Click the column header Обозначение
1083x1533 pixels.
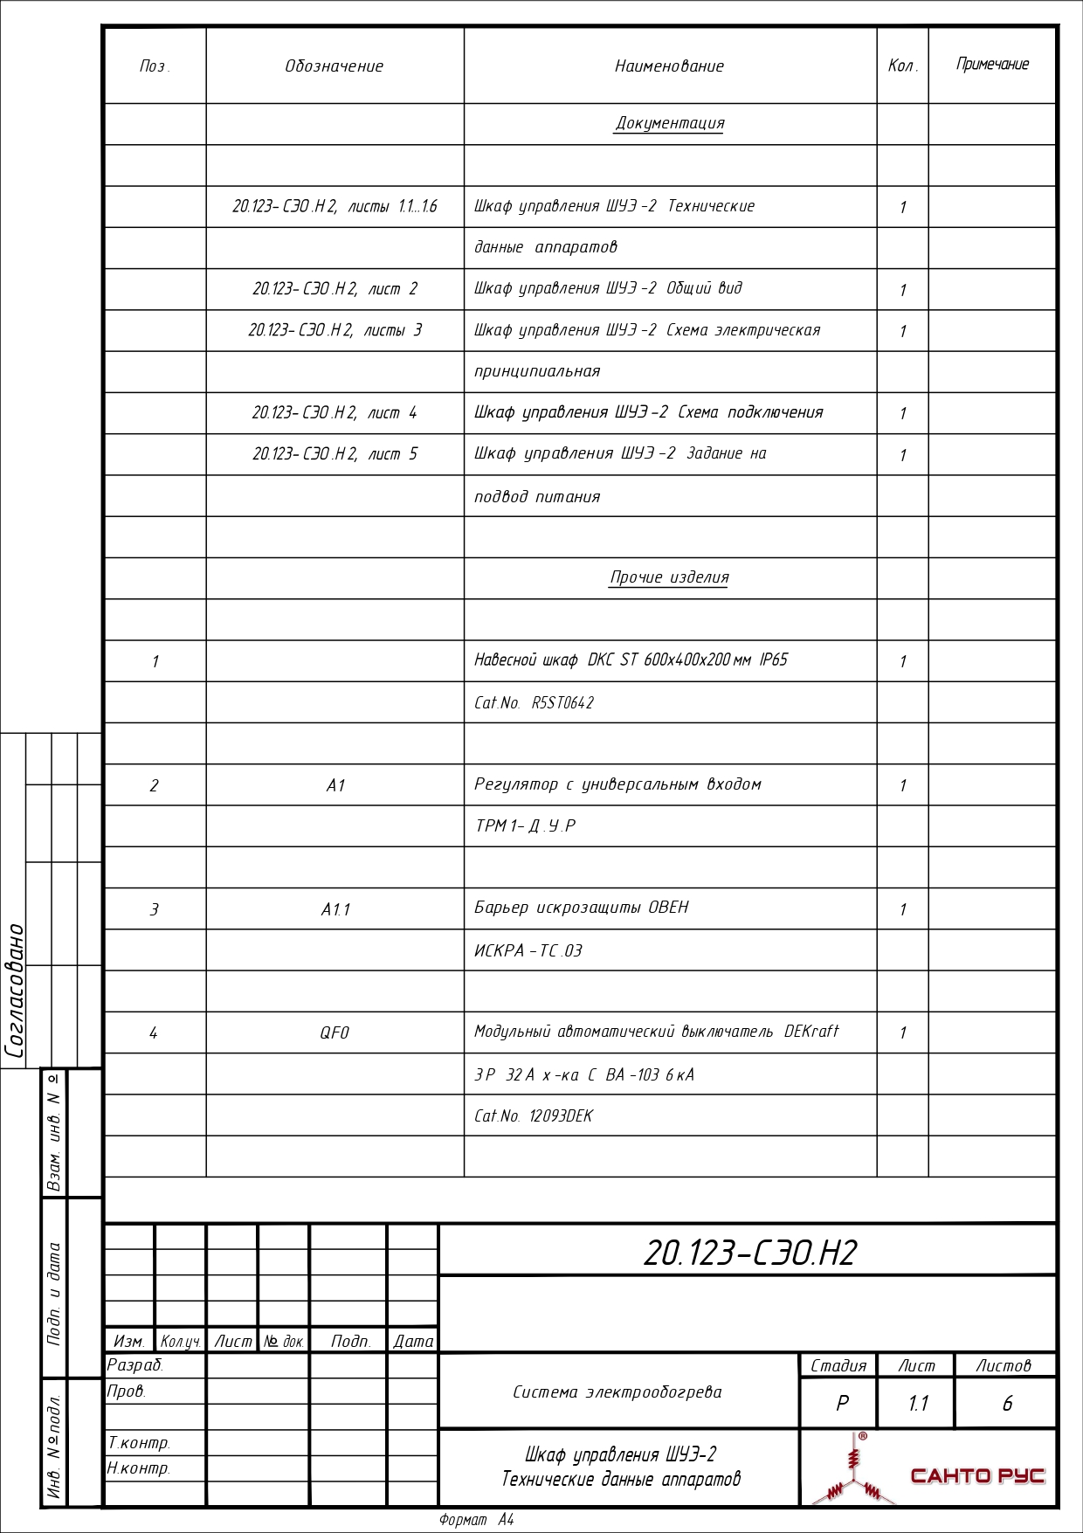(x=335, y=66)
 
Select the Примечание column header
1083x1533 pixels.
(x=992, y=65)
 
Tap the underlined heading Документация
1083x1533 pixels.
(x=670, y=123)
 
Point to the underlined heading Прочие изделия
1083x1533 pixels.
(x=669, y=577)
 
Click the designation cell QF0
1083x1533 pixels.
(x=335, y=1032)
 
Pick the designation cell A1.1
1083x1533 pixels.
(x=335, y=909)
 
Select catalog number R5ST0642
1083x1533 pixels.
(x=562, y=702)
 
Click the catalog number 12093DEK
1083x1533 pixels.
(x=561, y=1115)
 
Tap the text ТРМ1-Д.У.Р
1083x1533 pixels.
(x=525, y=825)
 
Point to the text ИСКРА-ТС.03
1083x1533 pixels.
(x=528, y=950)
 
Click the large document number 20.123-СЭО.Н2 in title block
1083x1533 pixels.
(x=750, y=1253)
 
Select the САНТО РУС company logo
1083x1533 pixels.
(x=928, y=1471)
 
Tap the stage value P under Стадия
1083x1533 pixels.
(x=842, y=1403)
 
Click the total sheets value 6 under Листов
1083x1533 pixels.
(x=1007, y=1403)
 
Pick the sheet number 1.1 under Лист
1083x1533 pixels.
(x=918, y=1403)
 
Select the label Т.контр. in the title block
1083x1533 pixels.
(x=139, y=1442)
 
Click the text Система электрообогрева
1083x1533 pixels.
(x=617, y=1392)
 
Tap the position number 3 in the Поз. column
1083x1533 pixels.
(x=155, y=909)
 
